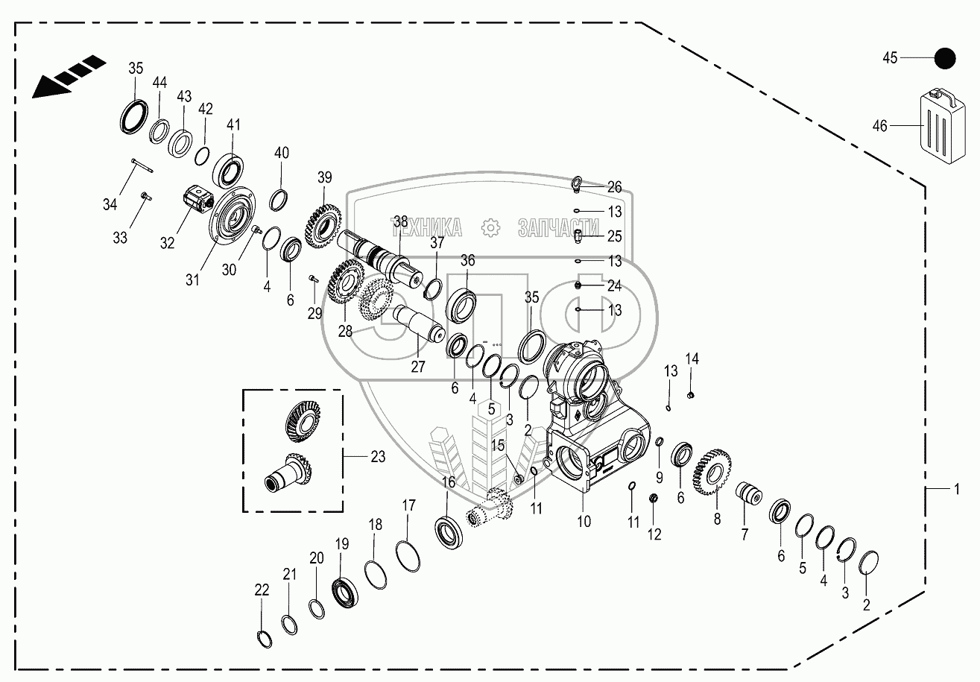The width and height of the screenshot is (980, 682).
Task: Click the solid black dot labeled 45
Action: pos(945,58)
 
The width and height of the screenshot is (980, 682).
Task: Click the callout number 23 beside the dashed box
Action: pos(378,456)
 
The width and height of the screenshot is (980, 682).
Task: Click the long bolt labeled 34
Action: pos(139,165)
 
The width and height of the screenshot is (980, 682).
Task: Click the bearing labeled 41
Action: pos(230,169)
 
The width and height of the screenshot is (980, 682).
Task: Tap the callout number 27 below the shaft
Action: pos(418,366)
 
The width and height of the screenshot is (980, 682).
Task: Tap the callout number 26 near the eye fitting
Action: pos(614,187)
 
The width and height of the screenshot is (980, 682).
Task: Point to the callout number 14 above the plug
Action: pos(692,359)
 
